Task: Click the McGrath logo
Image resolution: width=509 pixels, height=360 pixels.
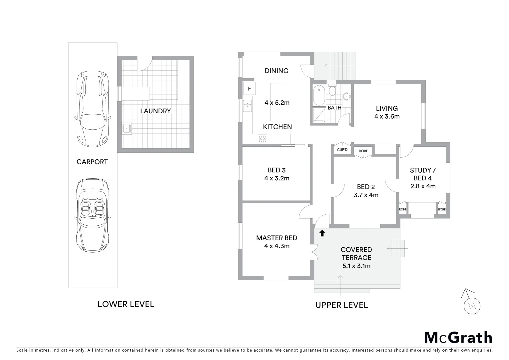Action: (x=458, y=337)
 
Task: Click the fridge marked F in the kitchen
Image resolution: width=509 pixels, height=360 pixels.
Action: (x=249, y=89)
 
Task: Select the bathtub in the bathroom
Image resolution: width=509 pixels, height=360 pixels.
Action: (x=319, y=95)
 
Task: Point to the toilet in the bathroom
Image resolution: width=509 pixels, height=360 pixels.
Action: (x=332, y=90)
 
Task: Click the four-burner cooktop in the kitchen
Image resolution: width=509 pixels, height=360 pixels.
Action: (x=262, y=139)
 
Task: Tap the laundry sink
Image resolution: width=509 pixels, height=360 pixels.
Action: (x=127, y=128)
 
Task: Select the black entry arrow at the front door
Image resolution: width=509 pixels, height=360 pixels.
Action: (x=322, y=233)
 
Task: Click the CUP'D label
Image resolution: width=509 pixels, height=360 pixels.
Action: (x=342, y=150)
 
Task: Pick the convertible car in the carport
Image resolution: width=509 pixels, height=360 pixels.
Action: (x=92, y=216)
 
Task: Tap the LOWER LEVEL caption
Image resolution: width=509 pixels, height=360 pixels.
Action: (x=126, y=304)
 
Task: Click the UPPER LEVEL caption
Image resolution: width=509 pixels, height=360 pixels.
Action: (x=342, y=305)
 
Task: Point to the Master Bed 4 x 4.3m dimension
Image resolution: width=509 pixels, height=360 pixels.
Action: (x=277, y=246)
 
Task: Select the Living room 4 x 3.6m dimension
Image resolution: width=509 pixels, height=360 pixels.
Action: (x=387, y=116)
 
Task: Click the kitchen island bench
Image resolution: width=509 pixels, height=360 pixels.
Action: (x=277, y=102)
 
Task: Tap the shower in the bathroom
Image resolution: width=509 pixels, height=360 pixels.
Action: (x=319, y=115)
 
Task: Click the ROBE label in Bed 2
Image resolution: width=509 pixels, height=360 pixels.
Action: (x=363, y=151)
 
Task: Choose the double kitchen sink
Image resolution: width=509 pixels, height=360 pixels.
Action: (x=247, y=106)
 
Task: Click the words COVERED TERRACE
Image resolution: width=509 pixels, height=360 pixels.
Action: (x=356, y=253)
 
